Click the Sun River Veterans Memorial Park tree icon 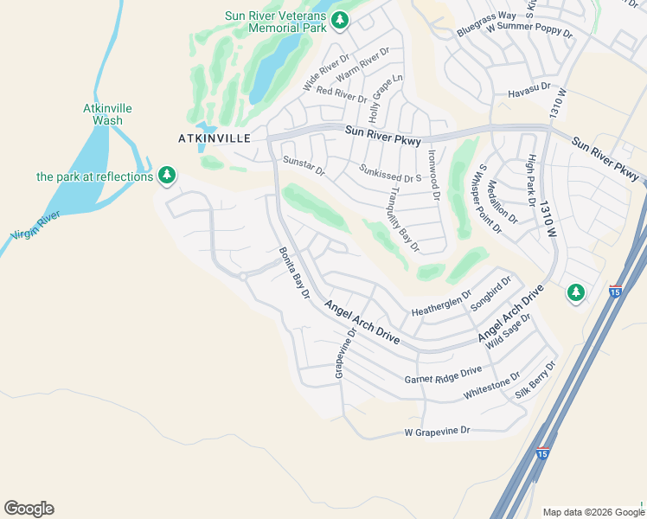341,19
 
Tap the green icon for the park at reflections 167,176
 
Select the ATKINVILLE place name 214,138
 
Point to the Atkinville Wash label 108,114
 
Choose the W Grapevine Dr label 437,430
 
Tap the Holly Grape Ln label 386,97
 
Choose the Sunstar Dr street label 304,165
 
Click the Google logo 29,509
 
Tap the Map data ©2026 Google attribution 593,512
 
